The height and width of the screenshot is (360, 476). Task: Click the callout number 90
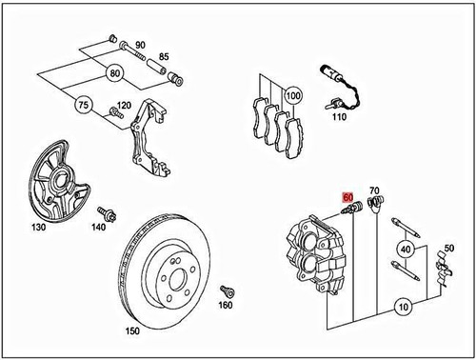click(139, 46)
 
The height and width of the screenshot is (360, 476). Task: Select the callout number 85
click(164, 57)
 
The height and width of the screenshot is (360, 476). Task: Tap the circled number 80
click(114, 71)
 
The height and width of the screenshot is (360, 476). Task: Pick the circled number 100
click(291, 96)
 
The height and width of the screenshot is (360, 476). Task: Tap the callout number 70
click(373, 191)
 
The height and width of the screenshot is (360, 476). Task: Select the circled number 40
click(405, 250)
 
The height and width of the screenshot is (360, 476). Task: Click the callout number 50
click(449, 250)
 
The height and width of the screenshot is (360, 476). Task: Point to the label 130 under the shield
click(38, 229)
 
